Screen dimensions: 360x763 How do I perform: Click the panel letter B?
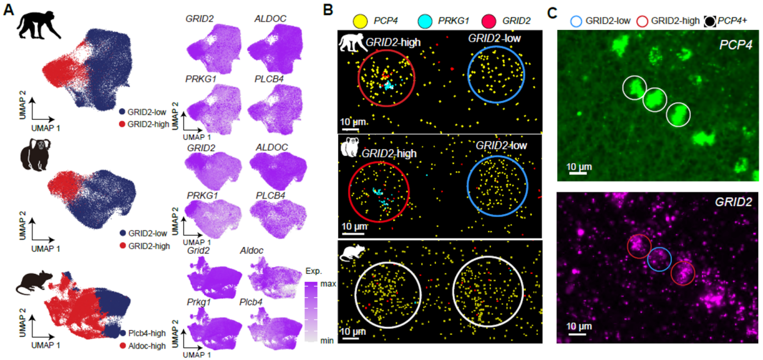point(328,9)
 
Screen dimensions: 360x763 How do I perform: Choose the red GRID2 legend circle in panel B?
point(490,21)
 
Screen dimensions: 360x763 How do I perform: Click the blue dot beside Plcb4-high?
point(122,333)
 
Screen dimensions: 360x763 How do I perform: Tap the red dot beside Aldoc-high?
point(122,345)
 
